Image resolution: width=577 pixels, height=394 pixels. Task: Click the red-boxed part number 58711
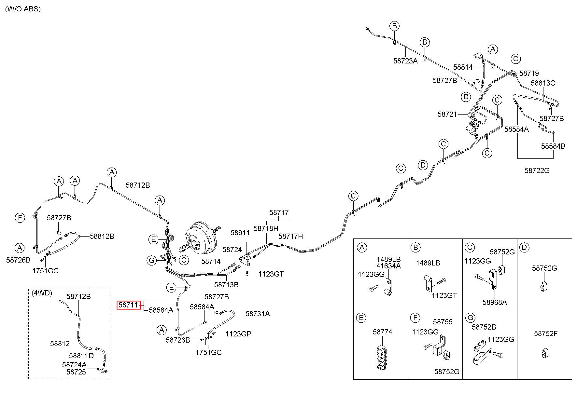129,305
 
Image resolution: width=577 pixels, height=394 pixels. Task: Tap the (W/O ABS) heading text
23,9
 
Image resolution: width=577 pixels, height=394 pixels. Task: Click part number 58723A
405,61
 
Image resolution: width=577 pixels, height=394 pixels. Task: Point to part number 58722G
537,170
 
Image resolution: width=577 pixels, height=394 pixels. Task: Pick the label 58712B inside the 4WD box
79,296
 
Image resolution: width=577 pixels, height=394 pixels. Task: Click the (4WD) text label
42,293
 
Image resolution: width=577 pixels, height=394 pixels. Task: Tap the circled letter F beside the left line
20,217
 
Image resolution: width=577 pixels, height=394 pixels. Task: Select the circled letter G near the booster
151,260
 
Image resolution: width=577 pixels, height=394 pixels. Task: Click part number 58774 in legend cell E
383,332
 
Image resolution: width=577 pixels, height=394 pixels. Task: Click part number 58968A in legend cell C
495,302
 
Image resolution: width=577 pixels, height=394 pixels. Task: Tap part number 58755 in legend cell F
443,322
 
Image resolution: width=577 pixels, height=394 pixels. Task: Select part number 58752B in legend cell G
484,327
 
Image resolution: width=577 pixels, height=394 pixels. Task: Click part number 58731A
258,314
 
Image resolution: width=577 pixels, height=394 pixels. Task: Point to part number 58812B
102,236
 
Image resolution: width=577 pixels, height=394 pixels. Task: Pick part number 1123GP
238,334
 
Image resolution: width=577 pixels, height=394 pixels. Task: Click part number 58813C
543,83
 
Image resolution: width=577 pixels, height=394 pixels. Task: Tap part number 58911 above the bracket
240,233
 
